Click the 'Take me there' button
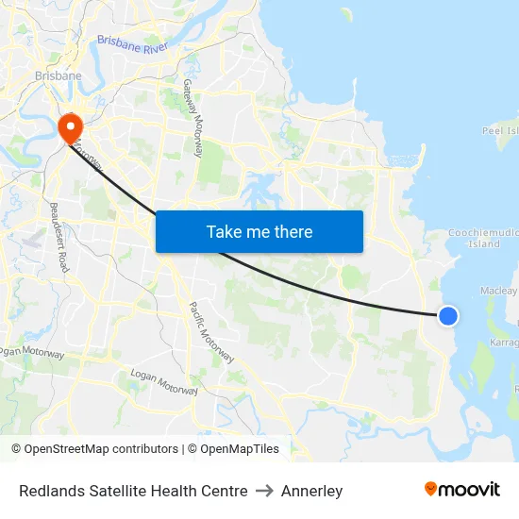tap(259, 231)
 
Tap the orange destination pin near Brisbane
tap(70, 127)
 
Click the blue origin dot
tap(448, 317)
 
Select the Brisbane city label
tap(58, 75)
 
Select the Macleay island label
tap(499, 291)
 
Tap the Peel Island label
tap(500, 131)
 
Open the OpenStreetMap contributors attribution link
tap(94, 449)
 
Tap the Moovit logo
tap(461, 490)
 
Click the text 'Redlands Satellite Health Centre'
tap(133, 491)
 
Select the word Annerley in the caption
tap(312, 491)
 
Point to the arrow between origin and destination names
tap(264, 491)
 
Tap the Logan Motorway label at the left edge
tap(30, 352)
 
